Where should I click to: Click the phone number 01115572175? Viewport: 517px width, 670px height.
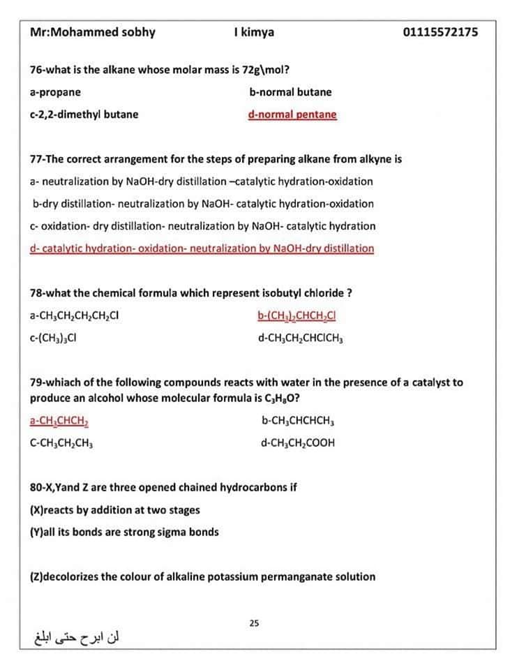click(x=440, y=32)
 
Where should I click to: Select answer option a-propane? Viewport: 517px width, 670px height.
click(x=55, y=92)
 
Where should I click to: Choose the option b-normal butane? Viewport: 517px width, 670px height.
click(x=290, y=92)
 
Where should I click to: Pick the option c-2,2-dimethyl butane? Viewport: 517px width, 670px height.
click(x=84, y=114)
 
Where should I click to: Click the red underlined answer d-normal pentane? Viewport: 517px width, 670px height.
click(x=292, y=114)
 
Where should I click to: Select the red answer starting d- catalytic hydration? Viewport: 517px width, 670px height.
click(x=202, y=248)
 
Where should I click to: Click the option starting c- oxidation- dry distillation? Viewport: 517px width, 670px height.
click(x=202, y=226)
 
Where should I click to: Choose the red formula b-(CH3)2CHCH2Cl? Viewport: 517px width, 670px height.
click(x=298, y=315)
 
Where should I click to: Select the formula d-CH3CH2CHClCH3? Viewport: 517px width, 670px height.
click(x=301, y=338)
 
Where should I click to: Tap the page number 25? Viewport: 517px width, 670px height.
click(x=254, y=623)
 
